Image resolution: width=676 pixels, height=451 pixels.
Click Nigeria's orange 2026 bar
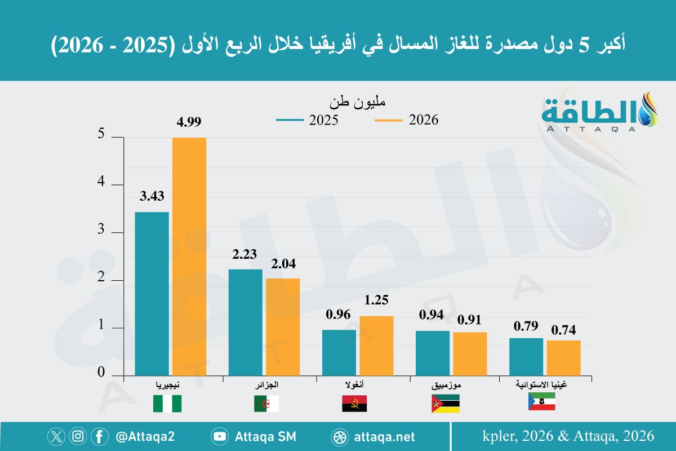pyautogui.click(x=189, y=257)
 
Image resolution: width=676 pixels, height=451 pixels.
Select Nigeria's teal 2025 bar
pyautogui.click(x=152, y=294)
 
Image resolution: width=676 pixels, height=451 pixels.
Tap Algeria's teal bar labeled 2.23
pyautogui.click(x=246, y=322)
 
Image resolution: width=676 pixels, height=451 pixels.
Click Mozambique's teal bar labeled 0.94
pyautogui.click(x=433, y=353)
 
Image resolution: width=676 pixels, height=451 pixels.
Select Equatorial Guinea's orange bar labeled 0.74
pyautogui.click(x=563, y=358)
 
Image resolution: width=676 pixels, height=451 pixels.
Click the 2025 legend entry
pyautogui.click(x=307, y=120)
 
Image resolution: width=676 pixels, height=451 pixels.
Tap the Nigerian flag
pyautogui.click(x=167, y=404)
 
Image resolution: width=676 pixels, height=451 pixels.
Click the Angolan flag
pyautogui.click(x=355, y=404)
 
